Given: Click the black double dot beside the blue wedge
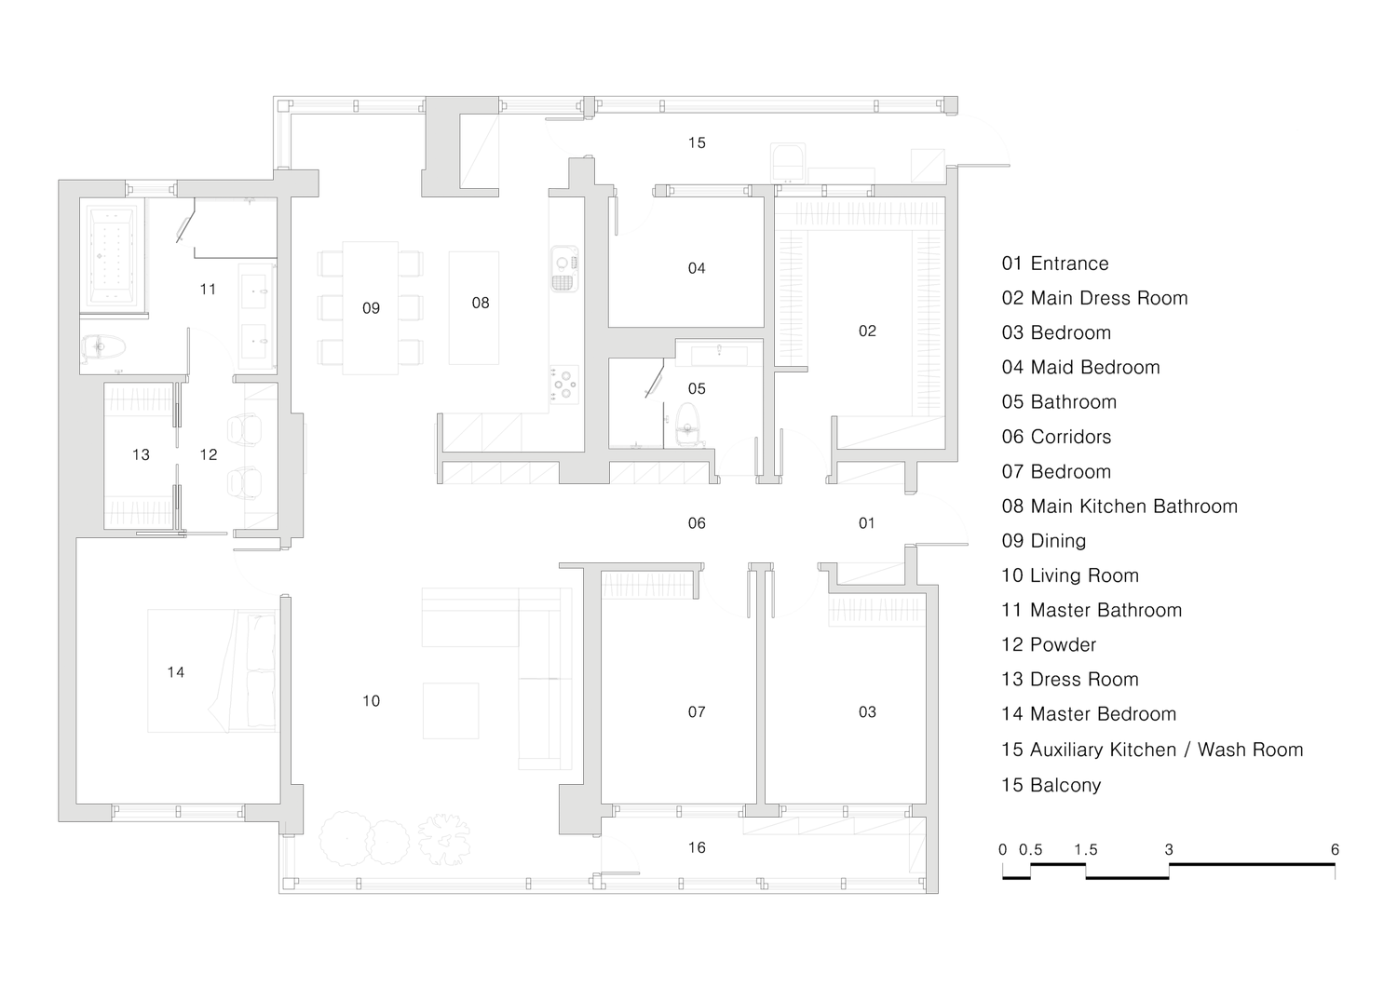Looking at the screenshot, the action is (x=867, y=711).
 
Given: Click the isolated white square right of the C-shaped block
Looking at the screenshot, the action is (x=589, y=105).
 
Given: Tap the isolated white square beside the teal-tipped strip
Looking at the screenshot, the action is (x=951, y=103).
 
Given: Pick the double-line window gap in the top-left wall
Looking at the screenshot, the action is (x=151, y=190).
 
